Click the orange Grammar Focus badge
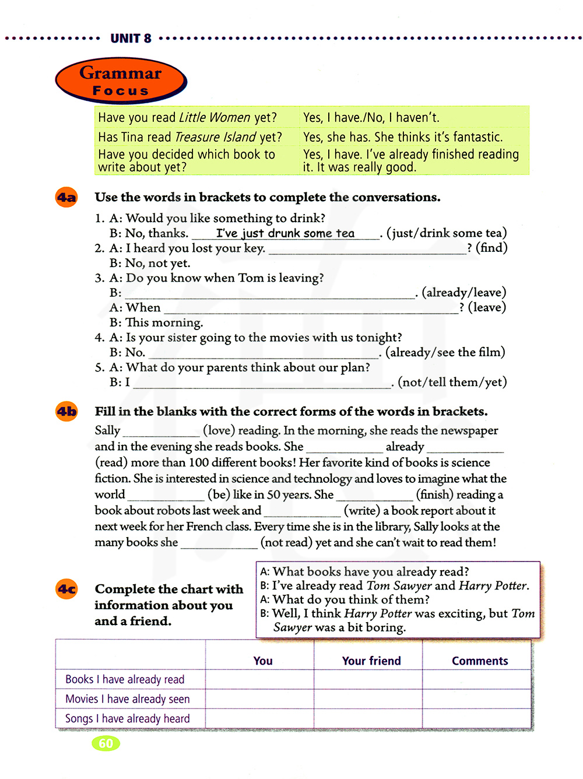(x=121, y=81)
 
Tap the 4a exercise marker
(x=66, y=197)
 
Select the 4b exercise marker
(x=66, y=412)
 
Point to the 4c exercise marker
(x=66, y=589)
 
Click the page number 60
(x=106, y=743)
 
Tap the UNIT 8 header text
(x=131, y=38)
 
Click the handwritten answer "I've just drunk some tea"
(x=285, y=233)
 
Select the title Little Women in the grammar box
(x=215, y=118)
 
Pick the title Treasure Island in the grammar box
(x=215, y=137)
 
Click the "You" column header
(x=263, y=661)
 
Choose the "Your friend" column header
(x=371, y=661)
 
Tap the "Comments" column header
(x=480, y=661)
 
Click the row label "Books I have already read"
(x=125, y=679)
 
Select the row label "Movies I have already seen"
(x=127, y=699)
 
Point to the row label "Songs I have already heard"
(x=127, y=718)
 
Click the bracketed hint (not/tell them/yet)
(x=452, y=382)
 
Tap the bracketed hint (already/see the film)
(x=445, y=352)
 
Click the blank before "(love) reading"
(x=161, y=431)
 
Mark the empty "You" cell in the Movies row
(x=259, y=699)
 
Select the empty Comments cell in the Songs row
(x=476, y=718)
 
